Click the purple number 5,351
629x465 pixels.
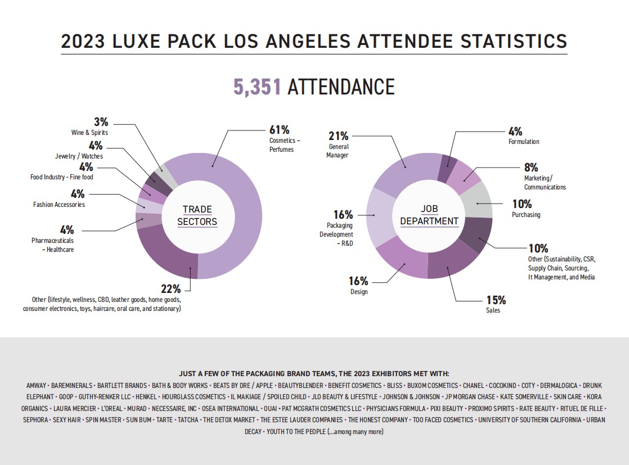click(x=257, y=87)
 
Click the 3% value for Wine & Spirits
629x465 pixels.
click(x=101, y=122)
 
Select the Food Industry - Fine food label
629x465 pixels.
click(x=62, y=177)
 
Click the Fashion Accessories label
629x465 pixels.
click(x=59, y=205)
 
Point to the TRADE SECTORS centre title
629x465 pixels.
click(x=197, y=215)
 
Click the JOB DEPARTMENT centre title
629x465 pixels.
click(x=429, y=215)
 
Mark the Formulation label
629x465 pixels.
click(x=524, y=142)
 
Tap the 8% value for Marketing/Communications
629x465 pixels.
click(x=531, y=167)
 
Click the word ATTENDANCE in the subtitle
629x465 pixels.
click(x=341, y=87)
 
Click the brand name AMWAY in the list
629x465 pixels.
click(x=36, y=386)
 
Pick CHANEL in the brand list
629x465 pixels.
click(x=473, y=386)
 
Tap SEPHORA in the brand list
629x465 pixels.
click(x=35, y=420)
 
